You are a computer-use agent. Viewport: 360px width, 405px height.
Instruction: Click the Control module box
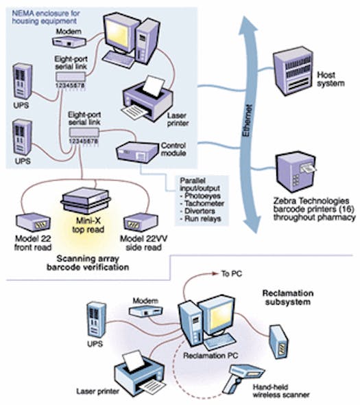(x=139, y=152)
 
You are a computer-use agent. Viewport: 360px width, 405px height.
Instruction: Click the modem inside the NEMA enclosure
(x=71, y=45)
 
